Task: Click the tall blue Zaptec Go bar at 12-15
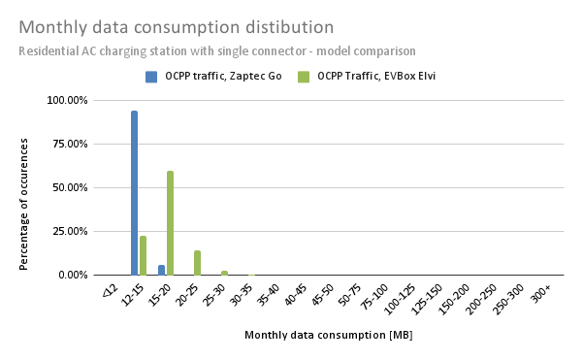click(134, 193)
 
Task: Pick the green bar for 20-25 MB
click(197, 263)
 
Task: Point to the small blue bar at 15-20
click(161, 270)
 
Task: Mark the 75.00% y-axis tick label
click(69, 144)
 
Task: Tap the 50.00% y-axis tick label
click(69, 187)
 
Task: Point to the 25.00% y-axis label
click(69, 231)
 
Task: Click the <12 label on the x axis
click(109, 290)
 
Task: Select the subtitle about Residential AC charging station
click(216, 50)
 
